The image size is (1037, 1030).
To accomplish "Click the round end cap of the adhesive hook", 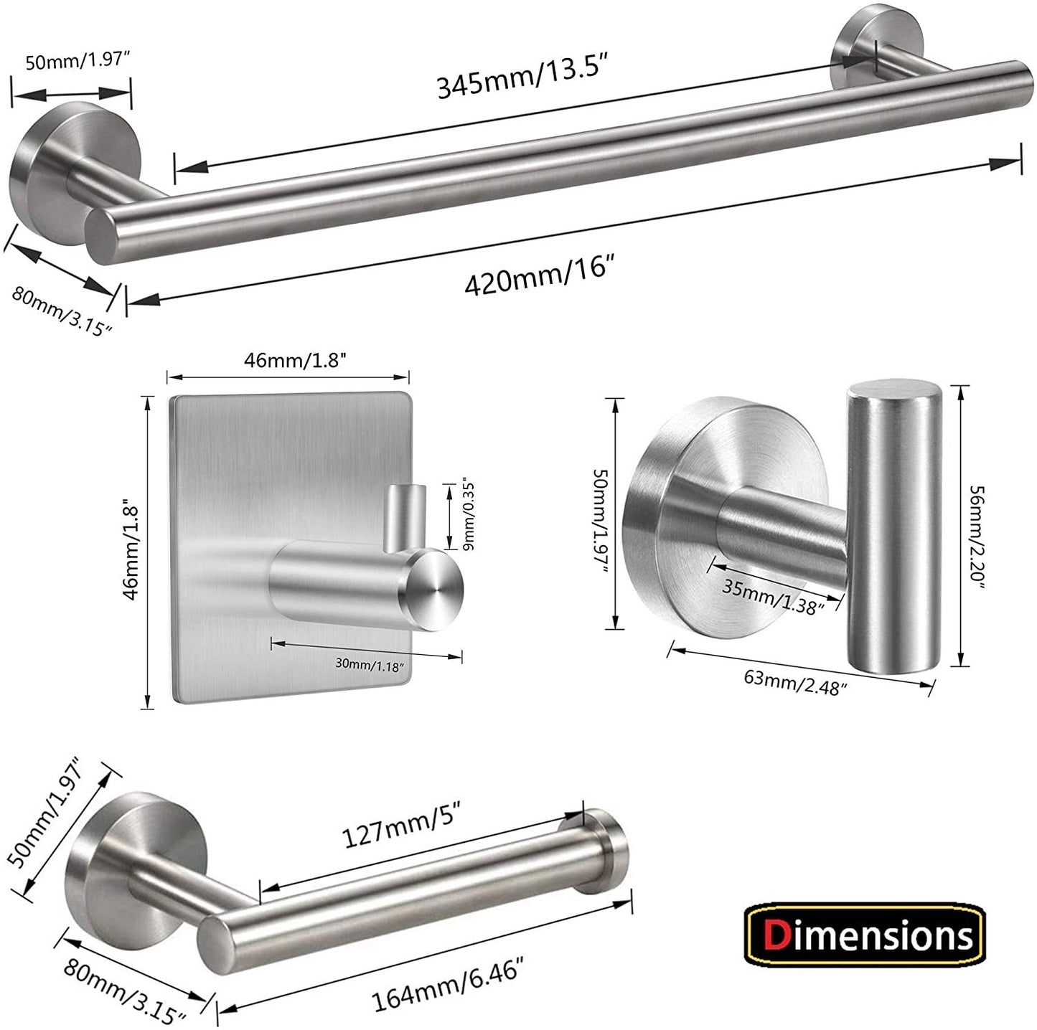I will coord(434,590).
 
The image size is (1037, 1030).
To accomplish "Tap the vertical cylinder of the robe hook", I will coord(893,527).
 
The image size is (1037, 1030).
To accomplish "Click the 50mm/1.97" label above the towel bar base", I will coord(77,62).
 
